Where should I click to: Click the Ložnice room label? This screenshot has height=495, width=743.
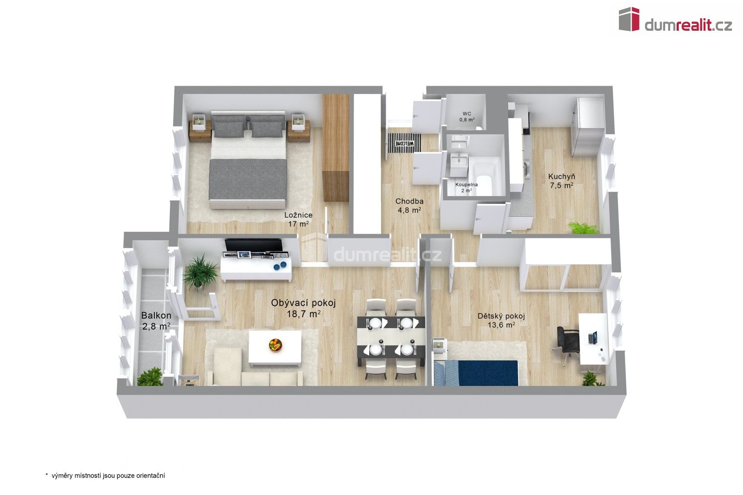(x=298, y=215)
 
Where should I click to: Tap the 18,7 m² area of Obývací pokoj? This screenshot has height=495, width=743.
(x=303, y=314)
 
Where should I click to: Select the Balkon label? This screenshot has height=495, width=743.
(x=156, y=315)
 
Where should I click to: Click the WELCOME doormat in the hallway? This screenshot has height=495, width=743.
(x=404, y=143)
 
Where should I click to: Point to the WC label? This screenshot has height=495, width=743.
(x=467, y=114)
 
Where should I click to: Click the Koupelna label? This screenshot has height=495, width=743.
(x=466, y=185)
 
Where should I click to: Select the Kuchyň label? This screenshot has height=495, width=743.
(x=562, y=176)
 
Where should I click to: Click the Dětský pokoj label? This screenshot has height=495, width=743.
(x=501, y=316)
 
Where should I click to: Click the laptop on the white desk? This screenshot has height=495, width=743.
(x=593, y=338)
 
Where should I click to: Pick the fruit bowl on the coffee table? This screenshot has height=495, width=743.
(x=275, y=345)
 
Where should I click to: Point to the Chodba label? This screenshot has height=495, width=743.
(x=409, y=201)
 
